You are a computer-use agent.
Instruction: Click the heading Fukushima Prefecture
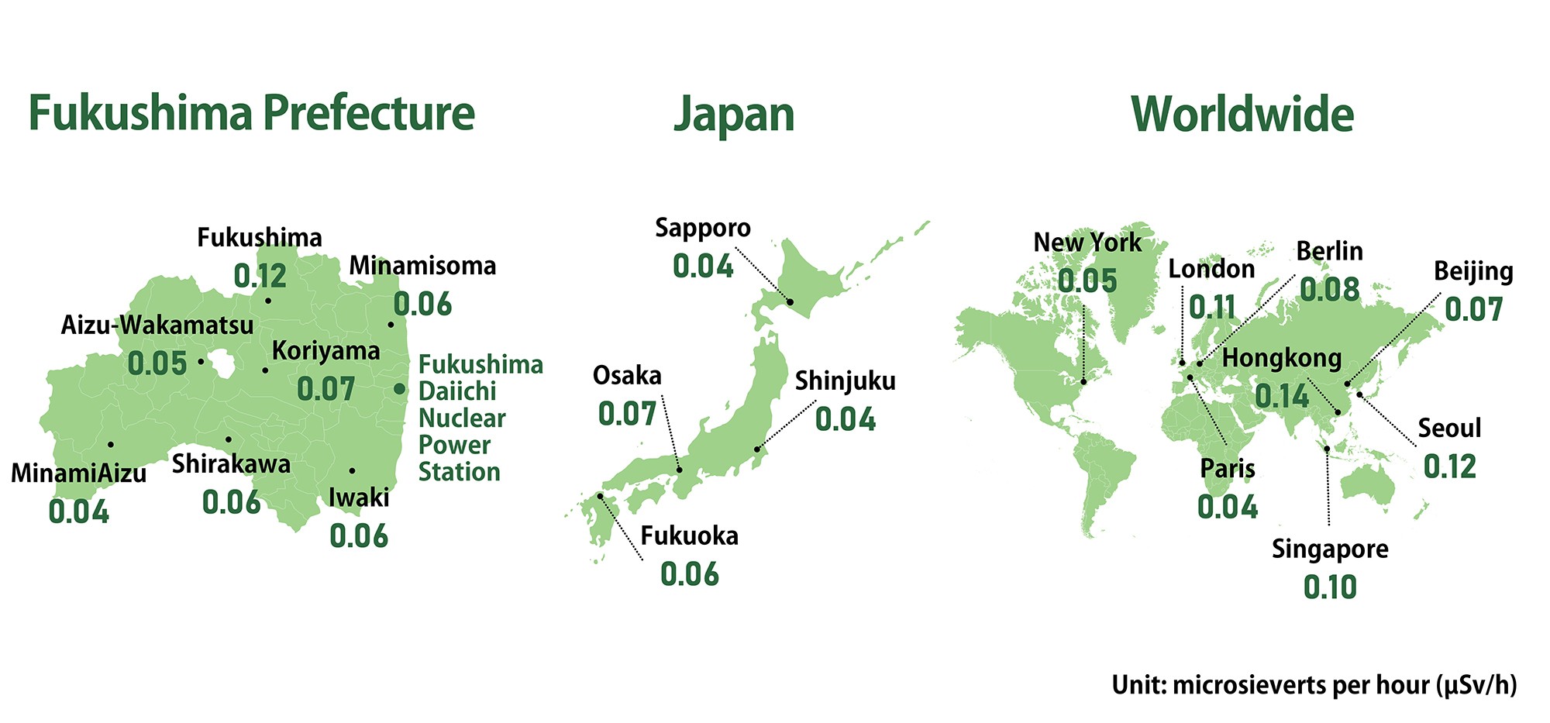pyautogui.click(x=251, y=113)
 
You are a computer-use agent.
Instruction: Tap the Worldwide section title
pyautogui.click(x=1242, y=115)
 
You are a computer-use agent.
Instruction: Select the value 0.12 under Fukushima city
pyautogui.click(x=260, y=276)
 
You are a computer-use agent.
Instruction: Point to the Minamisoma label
pyautogui.click(x=422, y=266)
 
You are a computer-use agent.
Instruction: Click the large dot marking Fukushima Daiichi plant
pyautogui.click(x=399, y=389)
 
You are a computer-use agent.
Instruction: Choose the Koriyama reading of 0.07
pyautogui.click(x=325, y=389)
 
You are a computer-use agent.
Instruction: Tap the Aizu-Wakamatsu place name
pyautogui.click(x=157, y=325)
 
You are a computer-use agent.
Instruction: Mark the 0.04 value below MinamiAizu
pyautogui.click(x=79, y=511)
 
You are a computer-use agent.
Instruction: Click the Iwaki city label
pyautogui.click(x=359, y=497)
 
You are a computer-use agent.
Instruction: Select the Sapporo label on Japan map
pyautogui.click(x=703, y=228)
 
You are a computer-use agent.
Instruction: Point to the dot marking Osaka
pyautogui.click(x=680, y=470)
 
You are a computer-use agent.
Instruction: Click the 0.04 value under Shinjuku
pyautogui.click(x=846, y=419)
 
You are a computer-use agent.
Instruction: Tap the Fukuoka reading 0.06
pyautogui.click(x=690, y=574)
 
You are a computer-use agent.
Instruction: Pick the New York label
pyautogui.click(x=1087, y=243)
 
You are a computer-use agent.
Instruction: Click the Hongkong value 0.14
pyautogui.click(x=1282, y=397)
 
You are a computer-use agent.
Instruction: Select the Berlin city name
pyautogui.click(x=1329, y=251)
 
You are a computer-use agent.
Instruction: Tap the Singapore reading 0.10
pyautogui.click(x=1330, y=587)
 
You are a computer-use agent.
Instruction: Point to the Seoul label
pyautogui.click(x=1449, y=428)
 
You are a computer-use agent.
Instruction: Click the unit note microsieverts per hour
pyautogui.click(x=1314, y=685)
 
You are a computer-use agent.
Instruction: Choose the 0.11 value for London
pyautogui.click(x=1212, y=308)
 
